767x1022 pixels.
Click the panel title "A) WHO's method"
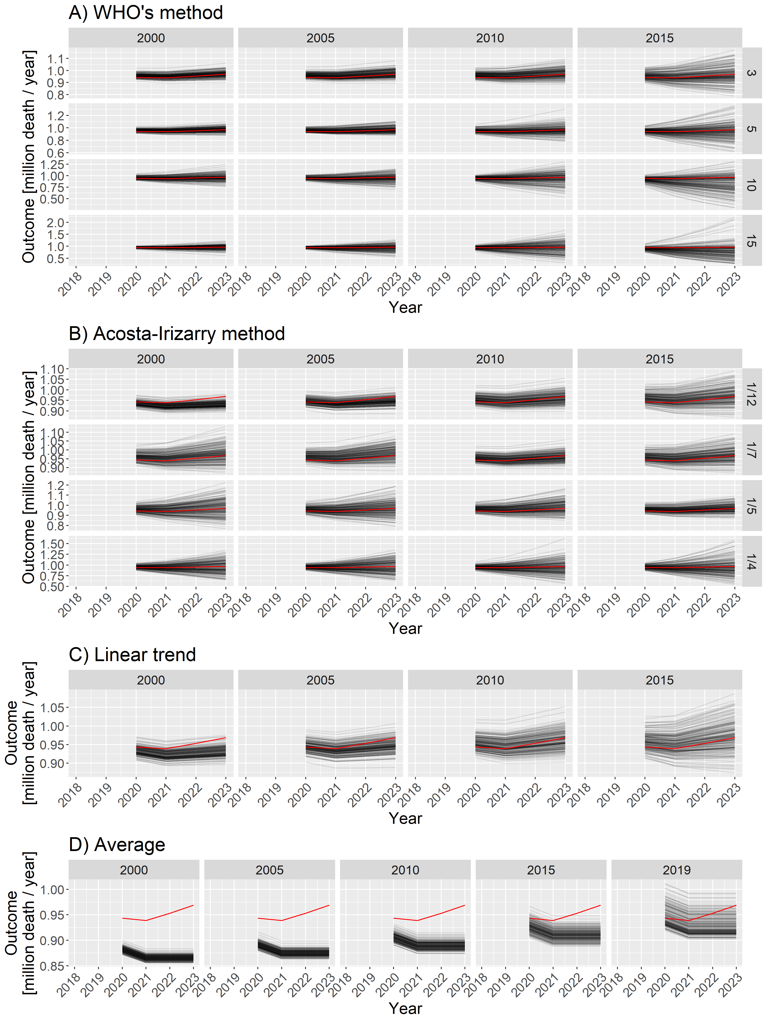(146, 13)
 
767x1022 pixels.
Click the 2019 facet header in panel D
(676, 870)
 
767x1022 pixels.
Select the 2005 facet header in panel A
(320, 38)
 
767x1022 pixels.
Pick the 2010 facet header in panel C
(490, 680)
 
